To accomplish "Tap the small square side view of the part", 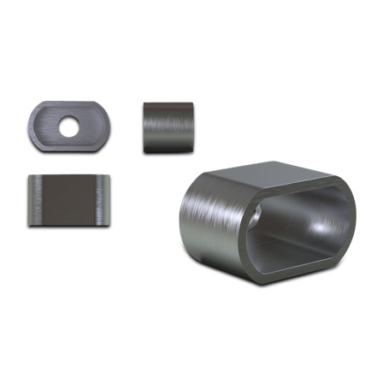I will coord(168,126).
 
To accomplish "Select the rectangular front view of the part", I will coord(70,198).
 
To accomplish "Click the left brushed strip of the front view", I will coord(35,198).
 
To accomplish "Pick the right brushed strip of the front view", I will coord(105,198).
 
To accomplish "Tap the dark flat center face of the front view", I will coord(70,198).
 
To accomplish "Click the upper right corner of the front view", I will coord(109,176).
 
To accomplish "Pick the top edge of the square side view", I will coord(168,103).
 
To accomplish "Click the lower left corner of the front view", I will coord(31,221).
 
